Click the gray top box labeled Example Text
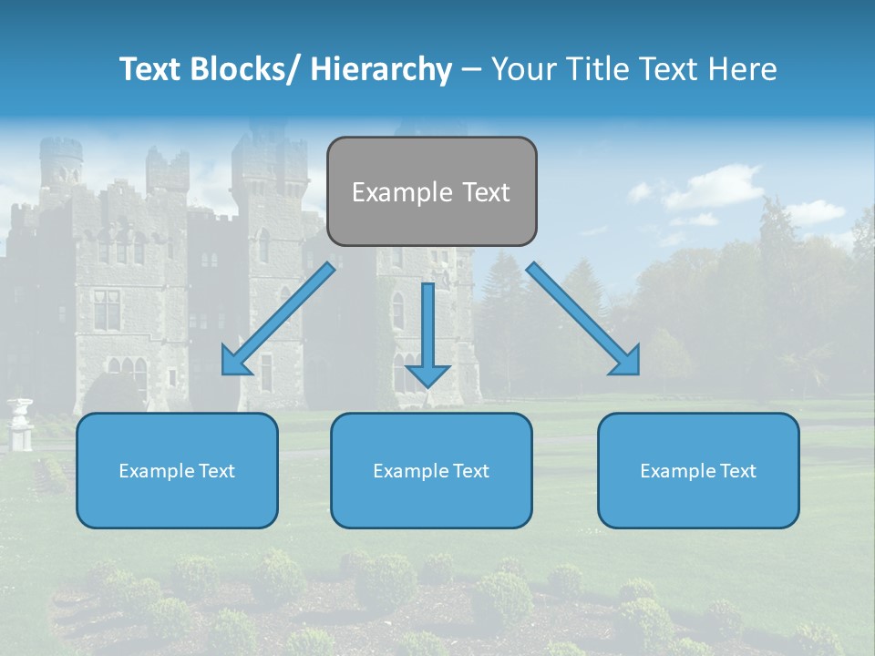431,191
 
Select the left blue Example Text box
177,470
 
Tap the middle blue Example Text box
431,470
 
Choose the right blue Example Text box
698,470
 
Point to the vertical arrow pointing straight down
427,333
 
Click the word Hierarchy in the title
381,69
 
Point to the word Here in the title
745,69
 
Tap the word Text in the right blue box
737,471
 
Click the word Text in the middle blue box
470,471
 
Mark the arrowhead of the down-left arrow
235,362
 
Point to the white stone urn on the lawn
19,424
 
